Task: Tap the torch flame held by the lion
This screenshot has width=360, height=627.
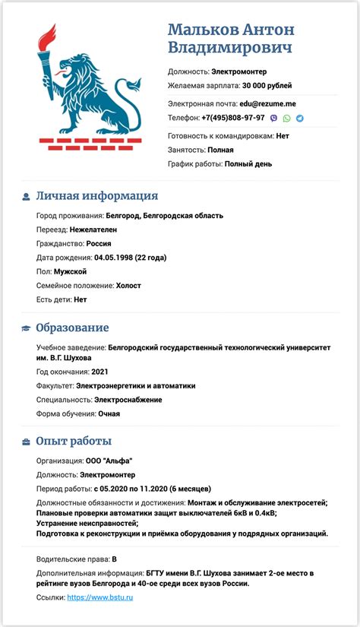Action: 49,36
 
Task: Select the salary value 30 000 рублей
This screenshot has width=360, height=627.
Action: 267,86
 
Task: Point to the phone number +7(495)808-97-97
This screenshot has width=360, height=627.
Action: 233,119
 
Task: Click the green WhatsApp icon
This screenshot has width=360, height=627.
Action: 286,119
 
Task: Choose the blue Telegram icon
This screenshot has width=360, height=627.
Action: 299,119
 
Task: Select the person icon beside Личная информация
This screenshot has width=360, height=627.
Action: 26,197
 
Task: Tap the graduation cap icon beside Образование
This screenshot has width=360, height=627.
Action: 26,328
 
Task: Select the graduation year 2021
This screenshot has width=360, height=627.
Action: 100,372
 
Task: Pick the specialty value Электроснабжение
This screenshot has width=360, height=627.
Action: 128,400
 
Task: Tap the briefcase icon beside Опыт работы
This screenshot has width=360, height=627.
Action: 26,442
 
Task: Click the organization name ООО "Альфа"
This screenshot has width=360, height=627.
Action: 110,461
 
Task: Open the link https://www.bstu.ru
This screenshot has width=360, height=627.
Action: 100,598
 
